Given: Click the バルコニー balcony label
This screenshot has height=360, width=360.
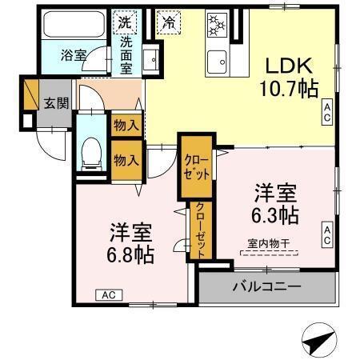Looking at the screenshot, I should coord(266,286).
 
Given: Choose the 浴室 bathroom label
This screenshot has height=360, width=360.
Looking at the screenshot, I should coord(74,56).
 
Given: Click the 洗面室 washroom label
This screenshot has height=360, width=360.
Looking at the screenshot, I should coord(127,55).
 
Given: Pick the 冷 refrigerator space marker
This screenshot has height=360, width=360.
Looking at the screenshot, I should coord(169,22).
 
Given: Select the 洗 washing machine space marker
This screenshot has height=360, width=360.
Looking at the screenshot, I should coord(126,22).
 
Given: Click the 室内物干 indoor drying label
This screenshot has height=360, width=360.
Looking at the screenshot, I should coord(268,242).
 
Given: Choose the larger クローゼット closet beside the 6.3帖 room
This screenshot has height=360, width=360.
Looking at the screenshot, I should coord(196,168).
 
